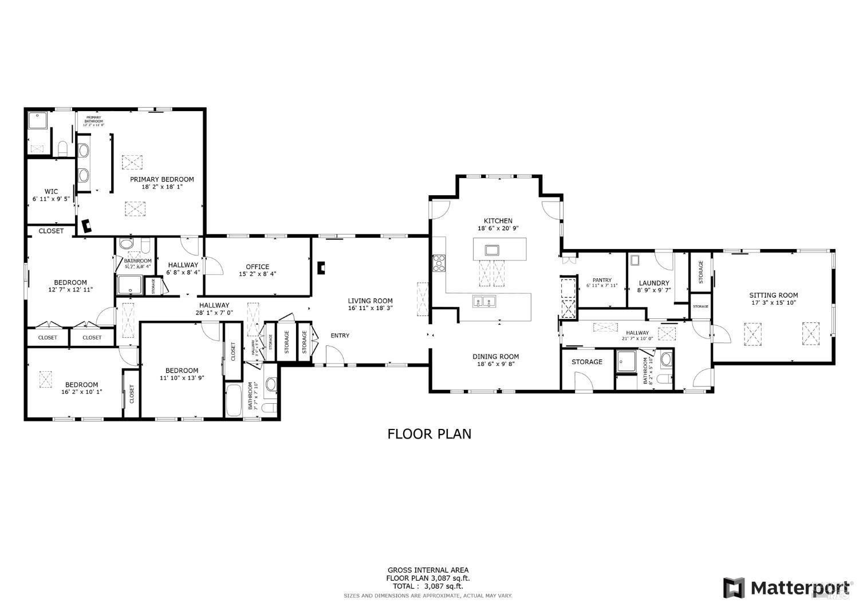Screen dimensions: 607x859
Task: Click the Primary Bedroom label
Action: point(161,179)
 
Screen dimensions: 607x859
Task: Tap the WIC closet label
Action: point(51,191)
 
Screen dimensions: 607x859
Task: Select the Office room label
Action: point(257,267)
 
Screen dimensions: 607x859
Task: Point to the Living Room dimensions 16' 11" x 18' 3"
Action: point(371,308)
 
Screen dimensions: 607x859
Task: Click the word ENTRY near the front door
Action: point(340,336)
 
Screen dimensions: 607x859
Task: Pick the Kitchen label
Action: point(498,220)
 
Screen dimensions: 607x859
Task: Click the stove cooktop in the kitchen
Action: point(439,263)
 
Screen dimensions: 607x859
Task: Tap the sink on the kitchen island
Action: point(492,250)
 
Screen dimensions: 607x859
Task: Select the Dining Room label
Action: point(495,356)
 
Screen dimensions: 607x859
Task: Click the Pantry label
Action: point(602,280)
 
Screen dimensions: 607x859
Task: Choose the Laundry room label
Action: point(653,283)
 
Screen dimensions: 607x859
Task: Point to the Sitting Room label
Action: point(773,295)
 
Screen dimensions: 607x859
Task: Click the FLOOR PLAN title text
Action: point(429,433)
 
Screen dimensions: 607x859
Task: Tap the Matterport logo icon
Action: point(734,588)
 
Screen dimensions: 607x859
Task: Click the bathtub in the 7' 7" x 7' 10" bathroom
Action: point(234,401)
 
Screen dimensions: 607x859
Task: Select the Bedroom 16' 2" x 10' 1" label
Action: point(81,385)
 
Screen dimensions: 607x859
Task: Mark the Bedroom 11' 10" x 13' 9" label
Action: point(182,370)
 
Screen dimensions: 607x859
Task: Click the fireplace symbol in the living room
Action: point(322,267)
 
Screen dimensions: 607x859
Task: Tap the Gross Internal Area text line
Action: point(428,570)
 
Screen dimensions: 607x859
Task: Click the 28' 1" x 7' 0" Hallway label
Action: point(214,305)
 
